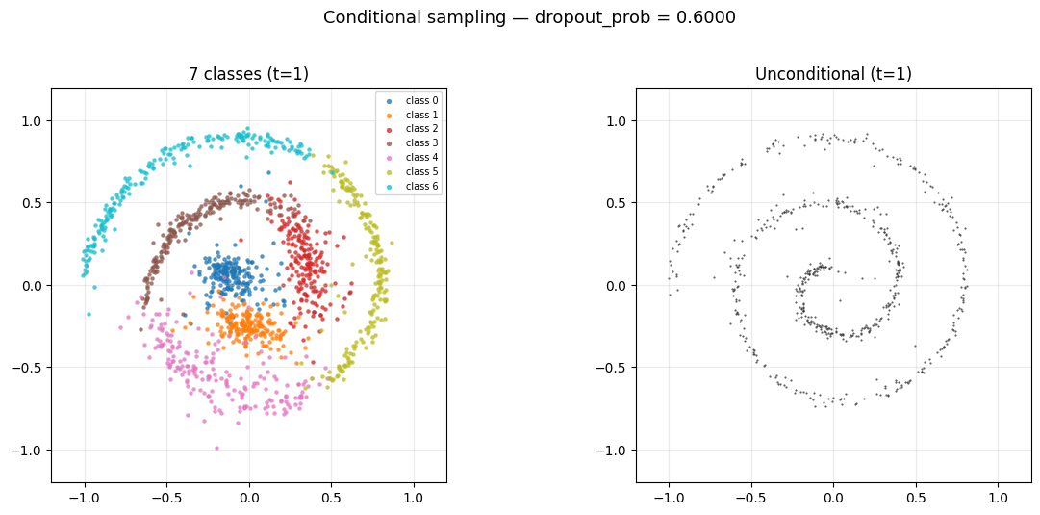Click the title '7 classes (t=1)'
pos(248,75)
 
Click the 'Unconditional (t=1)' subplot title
pos(833,75)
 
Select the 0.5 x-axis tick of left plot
pos(331,499)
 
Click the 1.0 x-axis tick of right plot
pos(998,499)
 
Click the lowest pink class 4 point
pos(216,448)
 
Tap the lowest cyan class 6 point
pos(89,314)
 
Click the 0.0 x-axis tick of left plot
pos(249,499)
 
